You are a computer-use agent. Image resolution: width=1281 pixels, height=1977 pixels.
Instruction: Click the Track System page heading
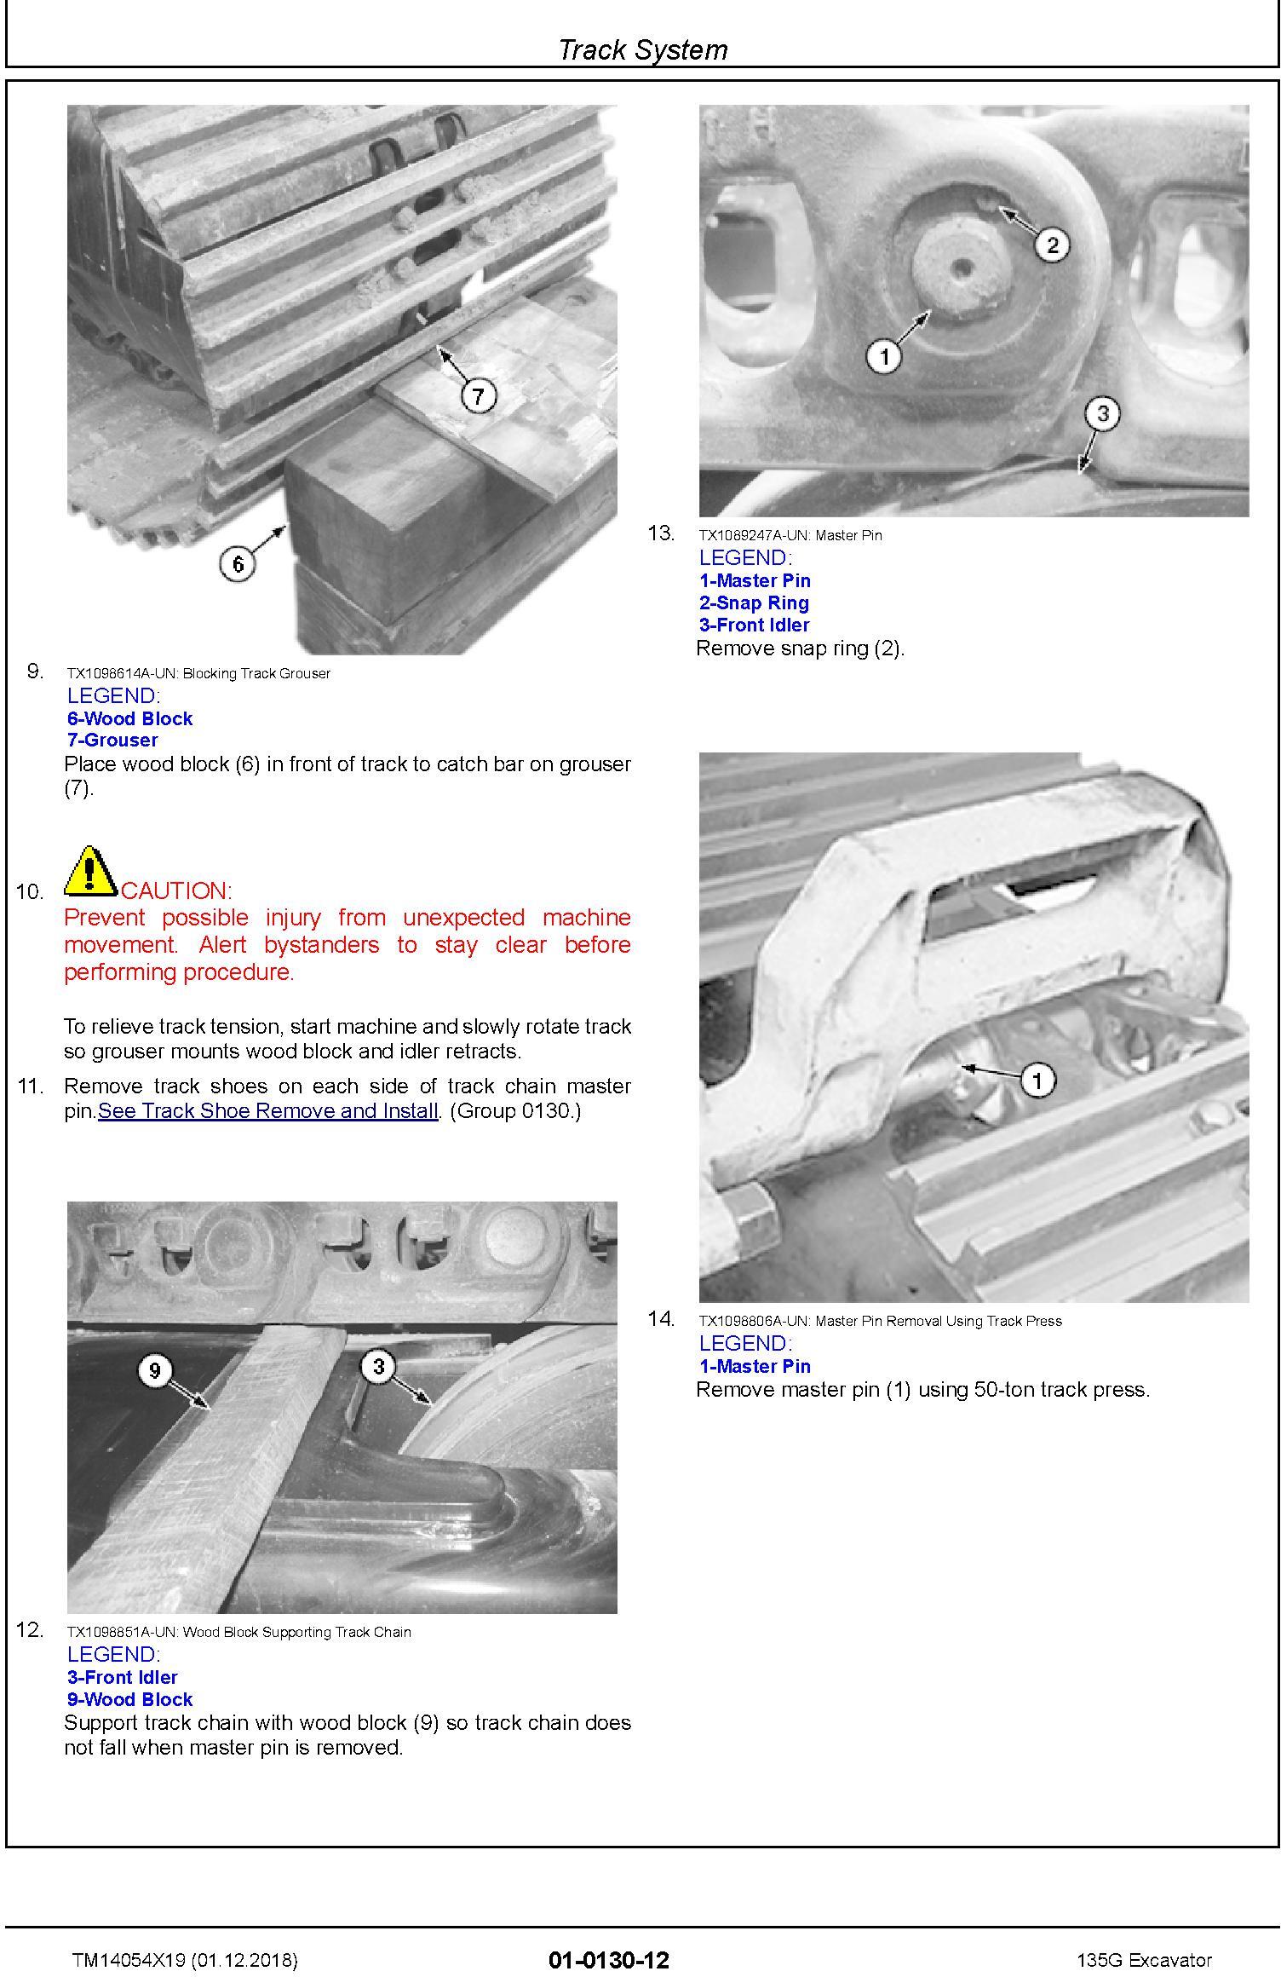click(x=642, y=50)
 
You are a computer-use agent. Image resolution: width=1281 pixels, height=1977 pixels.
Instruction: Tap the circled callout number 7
click(x=478, y=396)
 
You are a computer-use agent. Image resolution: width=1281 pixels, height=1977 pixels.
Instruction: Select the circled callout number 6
click(x=238, y=564)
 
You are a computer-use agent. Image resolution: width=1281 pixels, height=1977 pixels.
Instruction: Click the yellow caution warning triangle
click(x=90, y=870)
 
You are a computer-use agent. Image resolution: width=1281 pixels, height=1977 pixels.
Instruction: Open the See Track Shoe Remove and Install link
click(x=268, y=1111)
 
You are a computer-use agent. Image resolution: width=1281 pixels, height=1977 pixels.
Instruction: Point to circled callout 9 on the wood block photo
click(x=154, y=1370)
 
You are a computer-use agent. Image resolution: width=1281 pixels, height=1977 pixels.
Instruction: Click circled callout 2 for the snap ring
click(x=1052, y=245)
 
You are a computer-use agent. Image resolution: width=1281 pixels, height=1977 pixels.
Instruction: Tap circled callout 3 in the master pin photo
click(x=1102, y=414)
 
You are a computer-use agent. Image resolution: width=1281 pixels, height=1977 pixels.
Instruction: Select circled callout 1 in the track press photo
click(x=1037, y=1081)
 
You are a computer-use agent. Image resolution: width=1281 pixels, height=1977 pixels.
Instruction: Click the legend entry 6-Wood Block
click(x=129, y=718)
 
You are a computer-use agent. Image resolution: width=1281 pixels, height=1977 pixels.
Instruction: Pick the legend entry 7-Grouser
click(x=112, y=740)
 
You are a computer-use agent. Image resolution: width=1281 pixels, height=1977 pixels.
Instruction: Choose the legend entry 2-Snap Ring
click(x=754, y=602)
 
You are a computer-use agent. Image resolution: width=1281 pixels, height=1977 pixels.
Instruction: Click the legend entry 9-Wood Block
click(x=129, y=1699)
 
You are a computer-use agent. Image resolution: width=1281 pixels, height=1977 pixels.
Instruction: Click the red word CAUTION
click(x=176, y=891)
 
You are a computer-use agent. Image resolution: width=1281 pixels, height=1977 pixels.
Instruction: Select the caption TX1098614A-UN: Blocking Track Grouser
click(x=198, y=673)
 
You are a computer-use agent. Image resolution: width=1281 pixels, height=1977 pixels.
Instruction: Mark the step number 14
click(x=661, y=1319)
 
